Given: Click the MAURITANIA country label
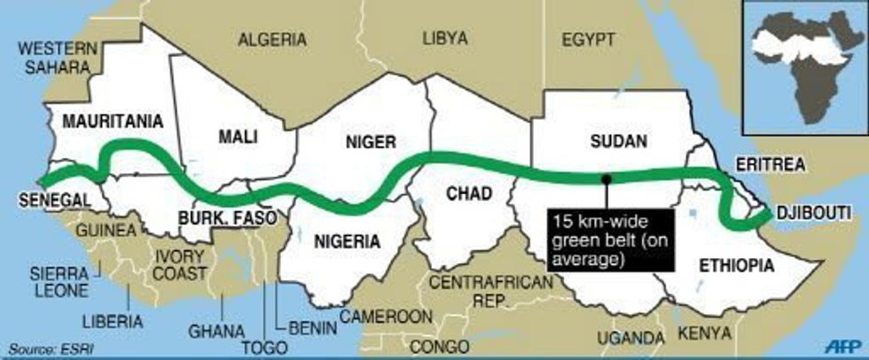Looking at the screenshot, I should (x=111, y=121).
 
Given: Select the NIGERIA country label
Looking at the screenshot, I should (x=347, y=240).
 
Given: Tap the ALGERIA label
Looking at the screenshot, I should (x=273, y=40).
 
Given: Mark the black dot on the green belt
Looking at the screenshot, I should (x=606, y=178).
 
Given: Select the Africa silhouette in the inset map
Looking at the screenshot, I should (x=804, y=71).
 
